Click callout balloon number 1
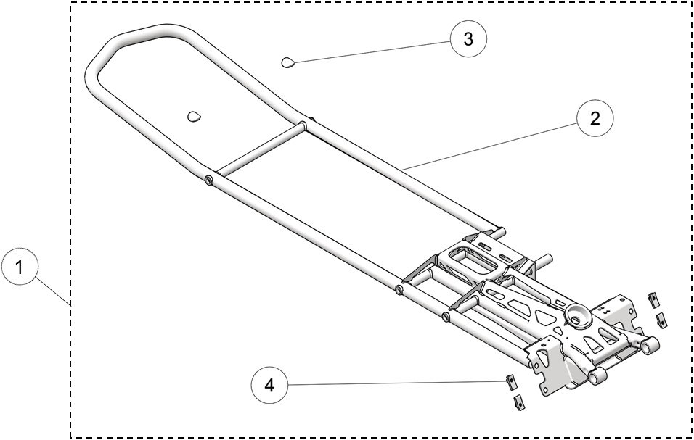click(21, 267)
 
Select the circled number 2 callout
click(595, 119)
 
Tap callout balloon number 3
click(468, 39)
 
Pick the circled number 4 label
click(270, 386)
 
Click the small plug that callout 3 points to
click(288, 63)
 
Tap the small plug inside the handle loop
click(194, 116)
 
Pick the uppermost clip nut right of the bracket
click(653, 299)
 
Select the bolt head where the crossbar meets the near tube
click(208, 180)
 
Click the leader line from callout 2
click(494, 145)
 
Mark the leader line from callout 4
click(392, 383)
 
